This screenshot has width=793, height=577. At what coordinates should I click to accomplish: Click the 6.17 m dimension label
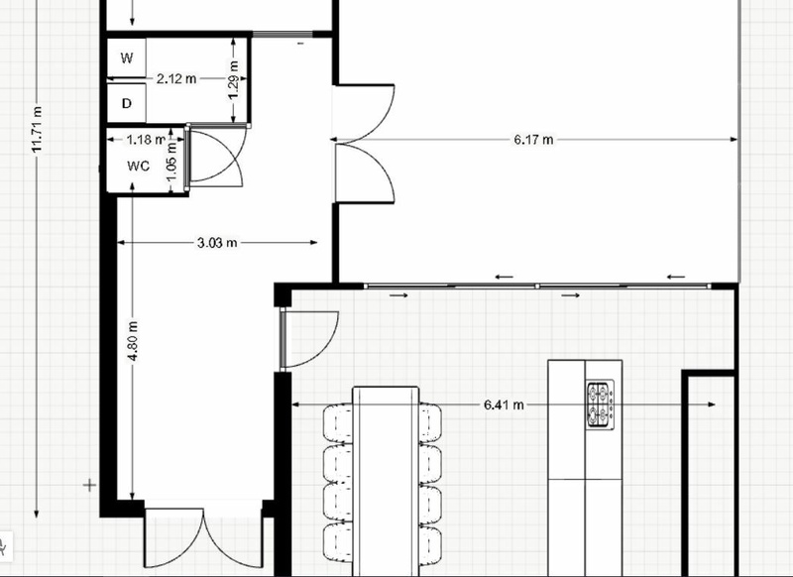(533, 140)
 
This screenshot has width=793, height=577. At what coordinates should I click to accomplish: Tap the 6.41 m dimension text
(504, 404)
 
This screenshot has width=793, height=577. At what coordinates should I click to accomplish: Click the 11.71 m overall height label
(38, 129)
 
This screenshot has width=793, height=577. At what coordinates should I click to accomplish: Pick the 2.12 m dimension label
(176, 78)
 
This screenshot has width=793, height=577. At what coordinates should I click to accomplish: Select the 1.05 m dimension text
(170, 165)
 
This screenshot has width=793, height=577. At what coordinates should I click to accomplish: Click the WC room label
(138, 166)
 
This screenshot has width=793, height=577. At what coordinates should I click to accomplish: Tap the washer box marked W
(126, 58)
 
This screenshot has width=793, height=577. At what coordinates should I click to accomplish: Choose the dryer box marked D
(126, 102)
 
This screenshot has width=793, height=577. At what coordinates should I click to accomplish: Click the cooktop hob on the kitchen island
(600, 405)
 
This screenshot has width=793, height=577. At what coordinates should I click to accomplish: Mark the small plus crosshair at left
(90, 485)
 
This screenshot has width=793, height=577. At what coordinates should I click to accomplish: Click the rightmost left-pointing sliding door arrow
(676, 277)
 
